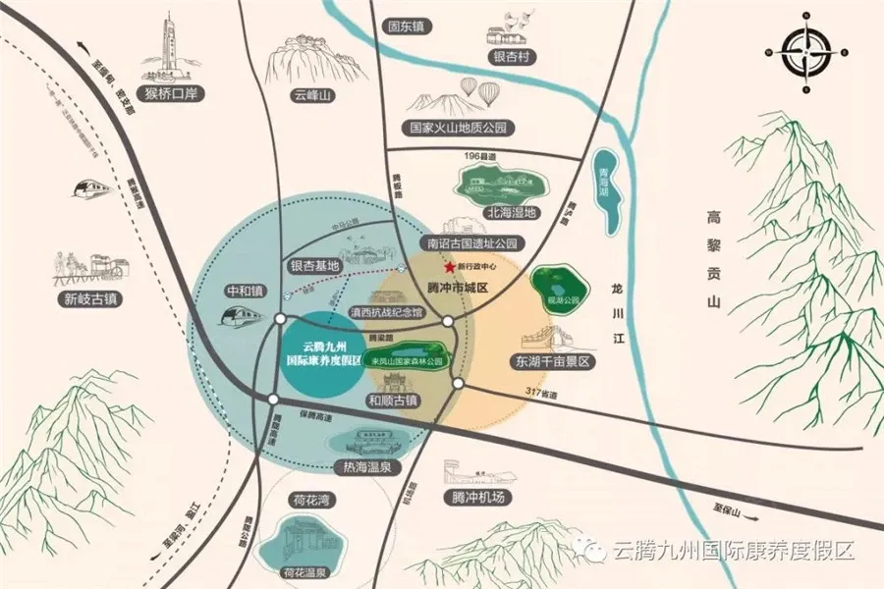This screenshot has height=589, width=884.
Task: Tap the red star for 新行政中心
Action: [x=449, y=266]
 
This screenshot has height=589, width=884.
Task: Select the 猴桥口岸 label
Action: [x=171, y=94]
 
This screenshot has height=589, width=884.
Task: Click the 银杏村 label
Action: [x=512, y=57]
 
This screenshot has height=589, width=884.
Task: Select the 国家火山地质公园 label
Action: [x=463, y=128]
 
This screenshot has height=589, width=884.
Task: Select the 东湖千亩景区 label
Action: [x=555, y=361]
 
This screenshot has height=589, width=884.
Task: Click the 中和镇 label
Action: [x=246, y=291]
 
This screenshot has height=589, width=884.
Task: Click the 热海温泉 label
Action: [x=362, y=466]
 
